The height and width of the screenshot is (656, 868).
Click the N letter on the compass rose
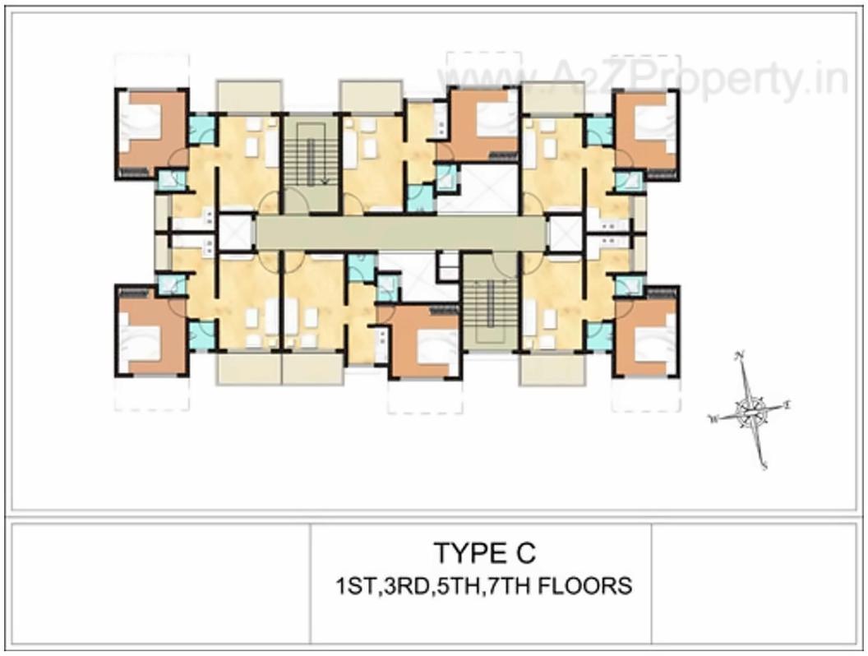[741, 355]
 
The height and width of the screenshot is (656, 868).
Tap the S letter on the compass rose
[764, 465]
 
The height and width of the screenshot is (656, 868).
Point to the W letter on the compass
[713, 419]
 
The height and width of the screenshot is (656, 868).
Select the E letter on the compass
[787, 404]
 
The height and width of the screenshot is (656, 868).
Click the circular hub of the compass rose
[750, 410]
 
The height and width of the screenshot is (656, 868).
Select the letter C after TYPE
[525, 551]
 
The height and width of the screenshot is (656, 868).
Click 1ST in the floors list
[352, 587]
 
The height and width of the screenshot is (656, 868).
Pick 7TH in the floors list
[512, 587]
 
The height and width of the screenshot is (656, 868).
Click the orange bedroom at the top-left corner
[152, 132]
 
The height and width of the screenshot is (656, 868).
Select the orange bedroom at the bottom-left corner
[151, 334]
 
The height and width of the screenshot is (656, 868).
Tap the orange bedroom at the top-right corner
[646, 132]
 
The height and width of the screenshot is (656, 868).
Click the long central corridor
[400, 233]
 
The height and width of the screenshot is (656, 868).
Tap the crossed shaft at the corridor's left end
[236, 233]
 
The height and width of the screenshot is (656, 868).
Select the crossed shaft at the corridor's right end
[565, 233]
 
